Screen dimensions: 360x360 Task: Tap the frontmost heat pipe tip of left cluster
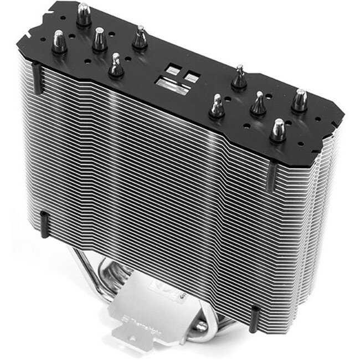coord(116,63)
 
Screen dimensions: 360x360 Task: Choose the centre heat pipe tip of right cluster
coord(258,102)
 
